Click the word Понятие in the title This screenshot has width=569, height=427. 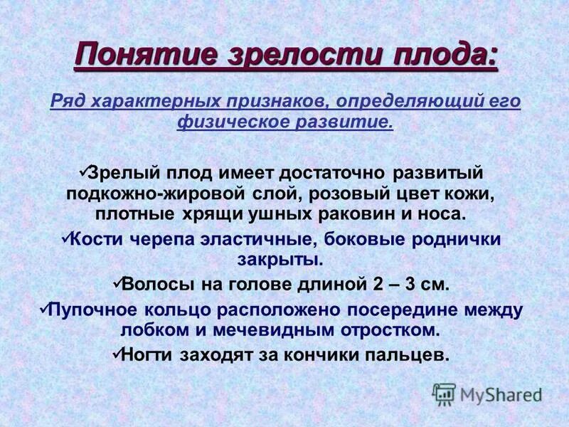point(129,56)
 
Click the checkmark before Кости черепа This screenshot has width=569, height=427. point(66,239)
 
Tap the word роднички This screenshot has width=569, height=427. point(461,240)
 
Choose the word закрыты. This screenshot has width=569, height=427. point(284,260)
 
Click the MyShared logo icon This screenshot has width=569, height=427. point(444,394)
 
